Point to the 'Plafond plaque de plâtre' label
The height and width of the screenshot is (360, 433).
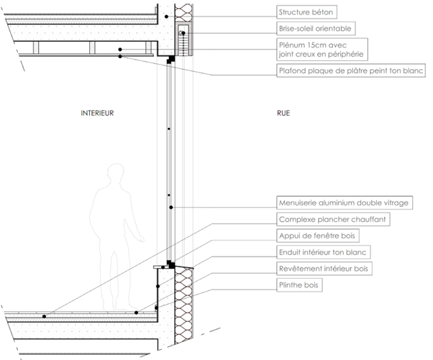coord(351,70)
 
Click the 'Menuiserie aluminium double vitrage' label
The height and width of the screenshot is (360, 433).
coord(344,203)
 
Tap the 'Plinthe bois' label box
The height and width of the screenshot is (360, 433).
coord(301,285)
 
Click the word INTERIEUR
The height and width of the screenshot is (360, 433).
coord(99,113)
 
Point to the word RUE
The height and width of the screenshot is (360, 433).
coord(284,113)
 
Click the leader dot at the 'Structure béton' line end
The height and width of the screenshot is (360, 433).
coord(166,15)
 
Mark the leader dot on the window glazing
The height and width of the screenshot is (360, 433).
coord(170,207)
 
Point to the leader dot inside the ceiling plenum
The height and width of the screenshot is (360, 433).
coord(120,48)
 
